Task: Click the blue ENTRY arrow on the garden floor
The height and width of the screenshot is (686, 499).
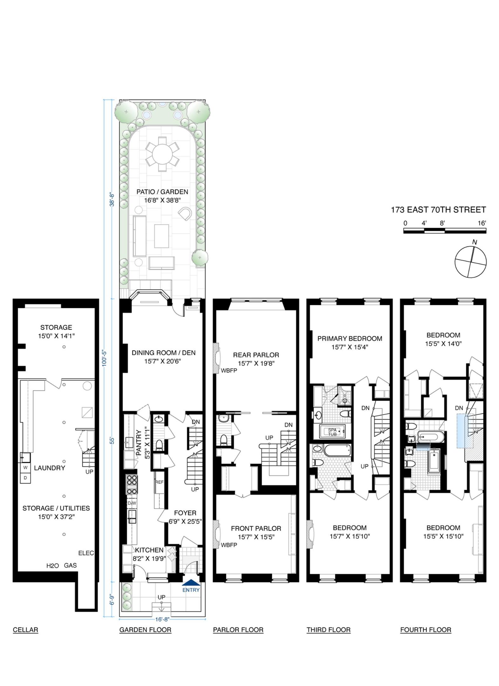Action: coord(191,582)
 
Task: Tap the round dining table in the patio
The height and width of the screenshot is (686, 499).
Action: coord(162,154)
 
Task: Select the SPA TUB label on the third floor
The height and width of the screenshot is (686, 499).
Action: coord(332,432)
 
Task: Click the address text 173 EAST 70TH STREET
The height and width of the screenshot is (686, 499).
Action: coord(438,210)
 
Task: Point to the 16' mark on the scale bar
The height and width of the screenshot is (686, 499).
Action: coord(482,223)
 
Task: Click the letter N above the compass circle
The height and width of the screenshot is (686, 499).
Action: coord(475,242)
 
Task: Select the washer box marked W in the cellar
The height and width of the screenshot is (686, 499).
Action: coord(25,468)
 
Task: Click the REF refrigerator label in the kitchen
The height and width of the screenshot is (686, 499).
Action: coord(159,482)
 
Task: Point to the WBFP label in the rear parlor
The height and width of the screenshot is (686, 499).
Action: coord(229,370)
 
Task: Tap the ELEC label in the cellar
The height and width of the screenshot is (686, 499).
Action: coord(86,553)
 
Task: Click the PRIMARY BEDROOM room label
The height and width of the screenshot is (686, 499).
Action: coord(350,339)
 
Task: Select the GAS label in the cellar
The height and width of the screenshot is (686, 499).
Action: coord(70,565)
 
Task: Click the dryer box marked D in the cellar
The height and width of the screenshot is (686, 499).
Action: coord(25,478)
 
